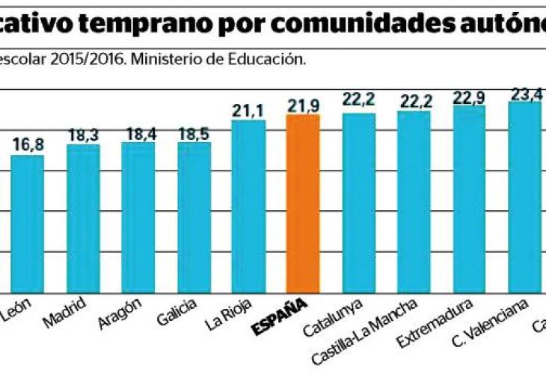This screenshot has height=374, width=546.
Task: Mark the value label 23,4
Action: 527,93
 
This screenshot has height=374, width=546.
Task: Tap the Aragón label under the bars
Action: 120,316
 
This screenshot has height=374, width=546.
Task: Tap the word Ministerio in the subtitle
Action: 163,59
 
